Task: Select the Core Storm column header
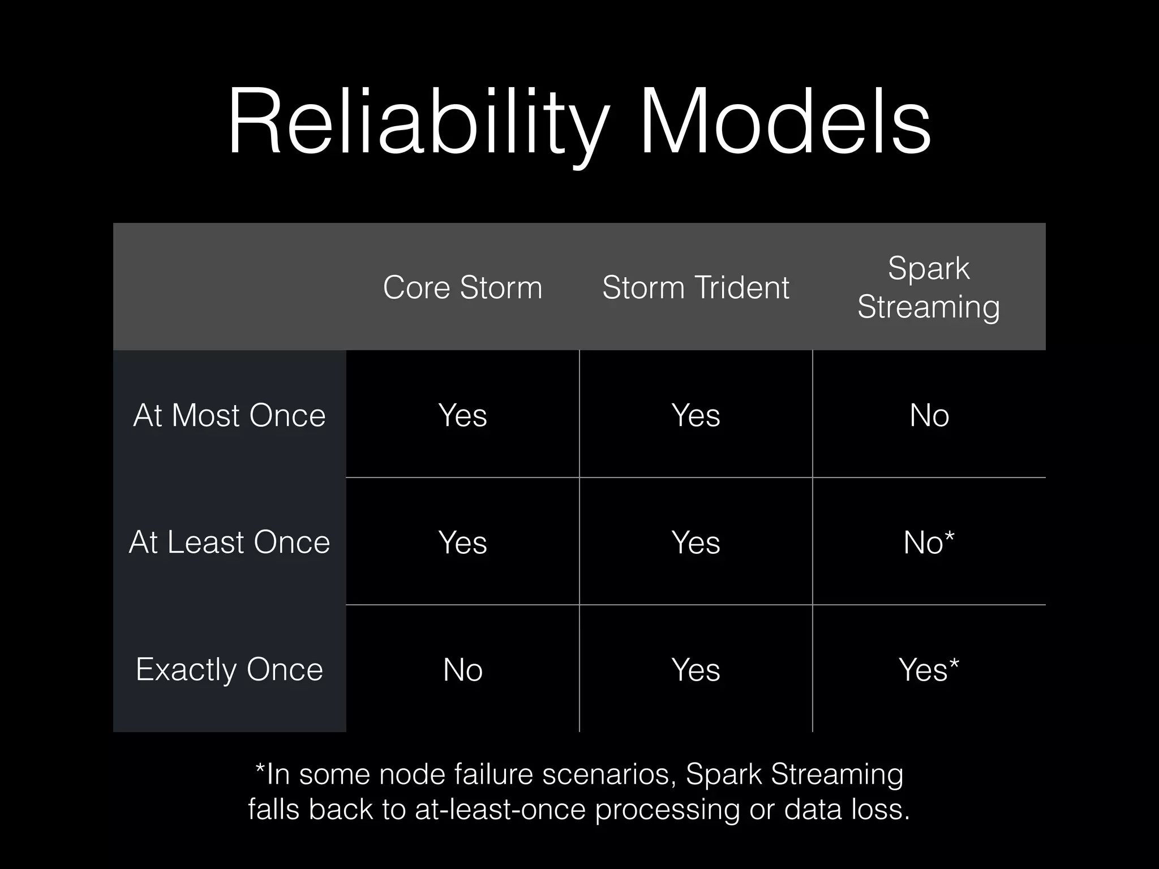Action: pos(462,287)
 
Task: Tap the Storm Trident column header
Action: pos(696,287)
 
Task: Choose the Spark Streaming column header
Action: pos(929,287)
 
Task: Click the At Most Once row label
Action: pos(229,415)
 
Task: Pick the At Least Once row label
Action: pos(229,542)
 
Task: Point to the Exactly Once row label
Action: pos(229,669)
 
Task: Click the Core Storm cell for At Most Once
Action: pos(462,415)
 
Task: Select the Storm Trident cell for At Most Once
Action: pos(696,415)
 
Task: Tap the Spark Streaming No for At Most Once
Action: pos(929,415)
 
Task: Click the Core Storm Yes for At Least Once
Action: pos(462,543)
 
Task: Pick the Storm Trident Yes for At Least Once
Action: pos(696,543)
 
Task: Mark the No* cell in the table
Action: pos(929,543)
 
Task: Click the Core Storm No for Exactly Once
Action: pos(462,670)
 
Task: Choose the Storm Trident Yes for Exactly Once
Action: pos(696,670)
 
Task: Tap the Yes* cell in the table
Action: pos(929,670)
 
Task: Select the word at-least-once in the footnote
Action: pos(500,810)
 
